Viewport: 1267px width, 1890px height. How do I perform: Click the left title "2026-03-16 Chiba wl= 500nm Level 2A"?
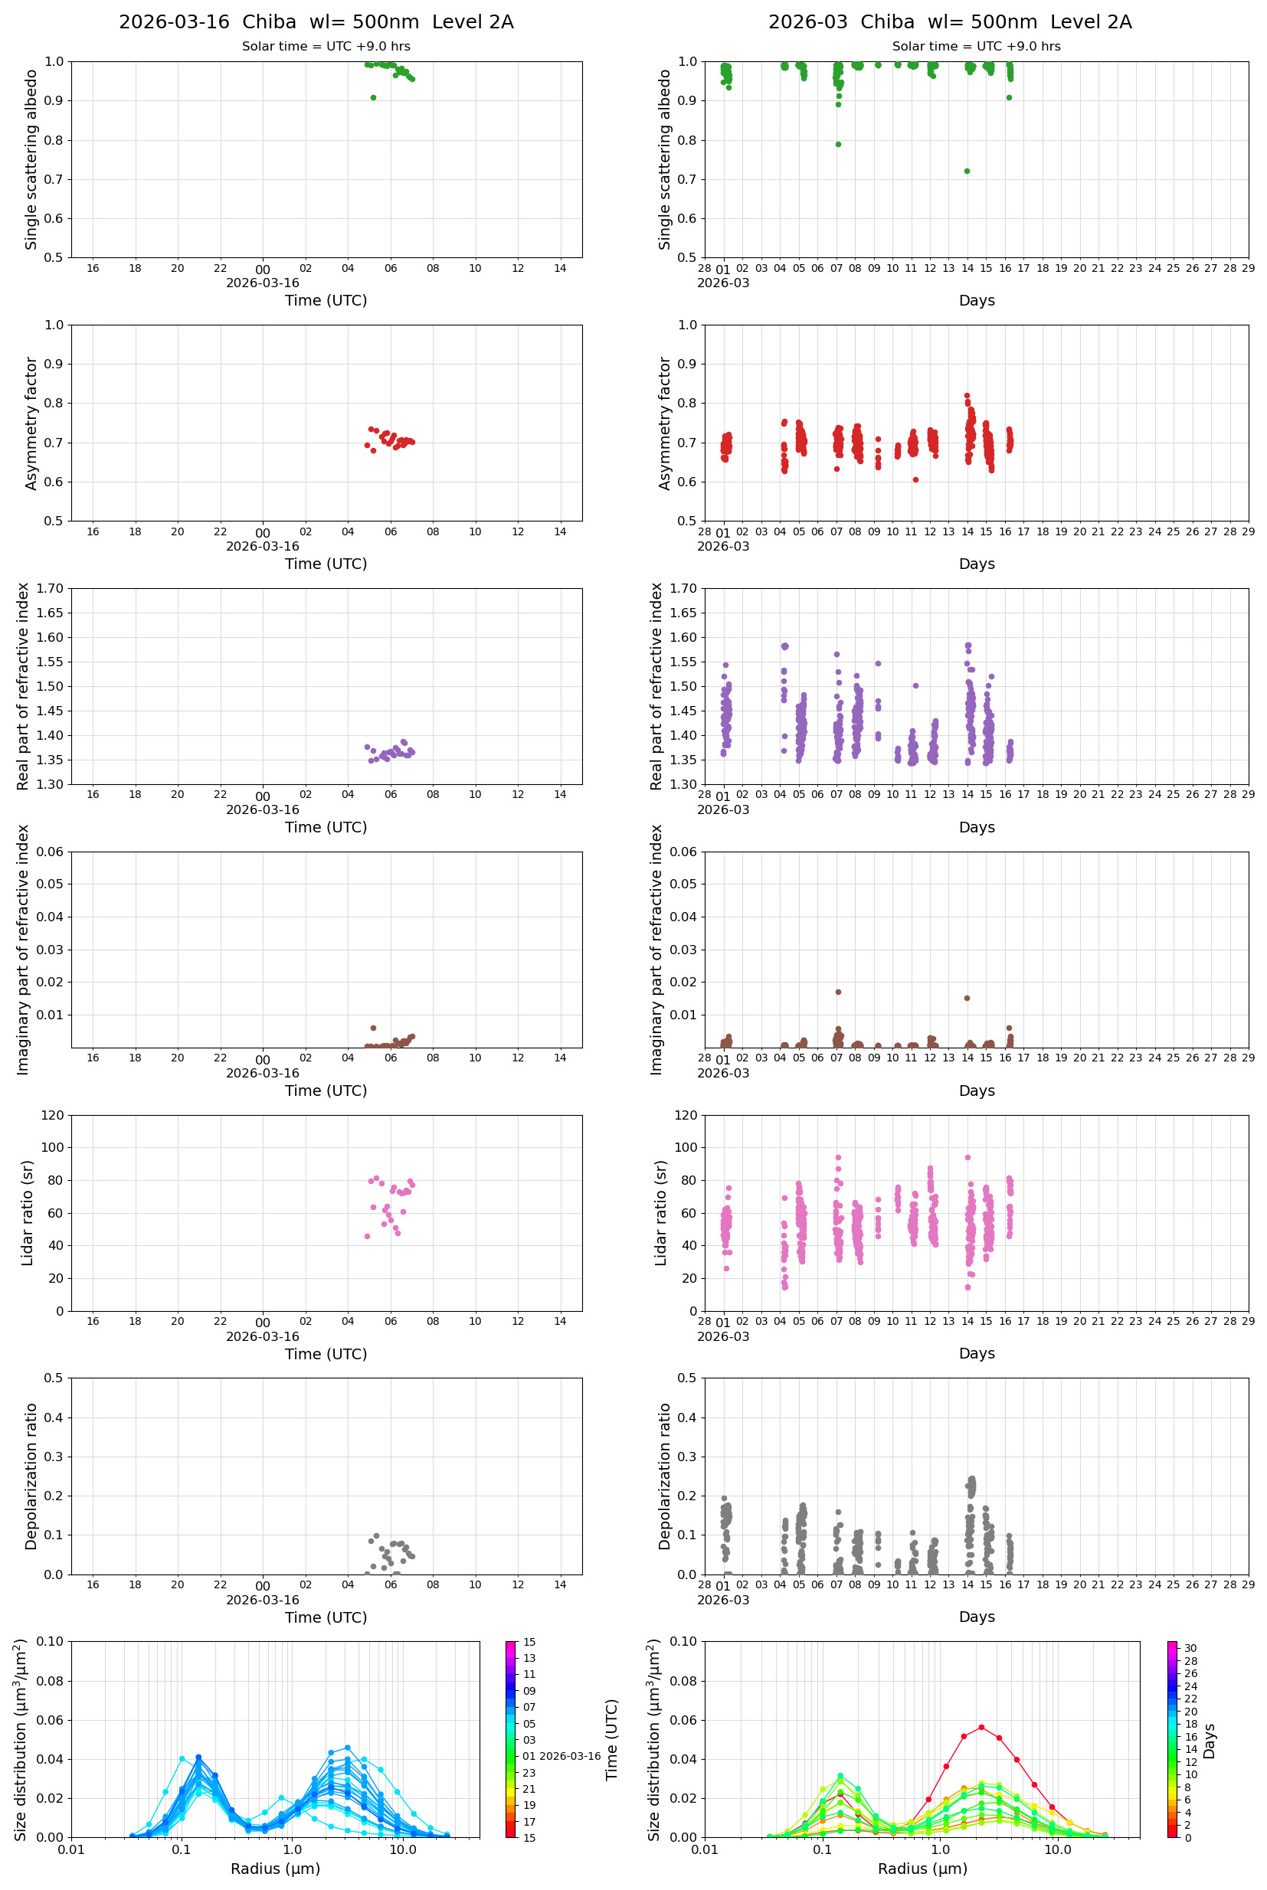coord(316,21)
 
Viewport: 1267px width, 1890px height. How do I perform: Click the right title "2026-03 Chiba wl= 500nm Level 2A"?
coord(949,21)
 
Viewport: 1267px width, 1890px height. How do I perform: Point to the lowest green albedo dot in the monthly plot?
coord(967,172)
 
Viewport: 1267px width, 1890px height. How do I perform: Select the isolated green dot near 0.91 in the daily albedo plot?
coord(373,98)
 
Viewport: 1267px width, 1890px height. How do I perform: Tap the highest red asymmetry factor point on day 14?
coord(967,396)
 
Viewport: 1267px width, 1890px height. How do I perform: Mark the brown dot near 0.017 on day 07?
coord(838,992)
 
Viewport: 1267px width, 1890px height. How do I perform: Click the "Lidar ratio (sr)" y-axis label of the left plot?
coord(28,1212)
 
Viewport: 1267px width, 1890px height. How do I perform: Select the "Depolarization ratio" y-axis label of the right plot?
coord(664,1476)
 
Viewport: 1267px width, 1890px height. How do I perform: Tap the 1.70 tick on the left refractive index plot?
coord(48,589)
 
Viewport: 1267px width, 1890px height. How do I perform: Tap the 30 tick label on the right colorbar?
coord(1190,1649)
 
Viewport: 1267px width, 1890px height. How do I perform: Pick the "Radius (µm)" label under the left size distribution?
coord(276,1869)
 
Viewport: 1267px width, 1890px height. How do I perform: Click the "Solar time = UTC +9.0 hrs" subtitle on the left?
coord(326,47)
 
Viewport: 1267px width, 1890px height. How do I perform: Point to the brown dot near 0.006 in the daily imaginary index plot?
coord(373,1028)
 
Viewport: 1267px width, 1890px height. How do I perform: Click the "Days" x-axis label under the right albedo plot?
coord(976,300)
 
